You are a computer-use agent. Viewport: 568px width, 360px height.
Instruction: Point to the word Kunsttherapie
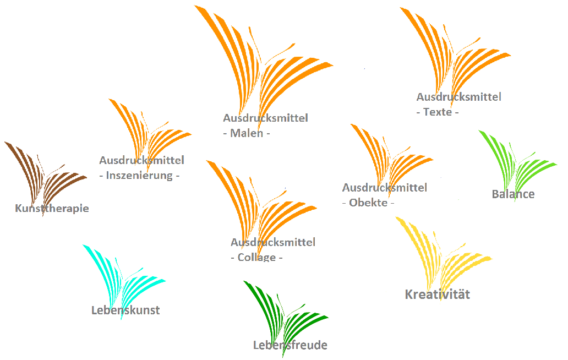(52, 208)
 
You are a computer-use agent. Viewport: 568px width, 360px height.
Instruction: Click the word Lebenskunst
(125, 310)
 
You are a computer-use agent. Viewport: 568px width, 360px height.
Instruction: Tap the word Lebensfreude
(290, 345)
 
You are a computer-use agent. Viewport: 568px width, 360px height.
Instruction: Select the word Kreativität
(438, 294)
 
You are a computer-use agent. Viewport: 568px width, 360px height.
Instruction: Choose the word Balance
(513, 194)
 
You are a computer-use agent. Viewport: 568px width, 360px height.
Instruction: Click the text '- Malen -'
(247, 133)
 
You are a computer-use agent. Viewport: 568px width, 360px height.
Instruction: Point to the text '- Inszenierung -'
(140, 176)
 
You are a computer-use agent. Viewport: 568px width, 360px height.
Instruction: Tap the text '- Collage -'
(256, 257)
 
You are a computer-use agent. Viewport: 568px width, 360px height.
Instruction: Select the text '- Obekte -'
(368, 203)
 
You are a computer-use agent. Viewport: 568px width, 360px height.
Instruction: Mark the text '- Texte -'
(438, 112)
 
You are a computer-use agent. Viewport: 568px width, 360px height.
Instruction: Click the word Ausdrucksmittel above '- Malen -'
(265, 118)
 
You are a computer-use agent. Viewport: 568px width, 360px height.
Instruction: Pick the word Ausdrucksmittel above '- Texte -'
(458, 97)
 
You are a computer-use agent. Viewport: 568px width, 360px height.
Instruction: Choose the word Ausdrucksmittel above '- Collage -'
(273, 242)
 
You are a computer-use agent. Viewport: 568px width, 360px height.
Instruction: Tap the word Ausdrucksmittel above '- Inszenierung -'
(141, 160)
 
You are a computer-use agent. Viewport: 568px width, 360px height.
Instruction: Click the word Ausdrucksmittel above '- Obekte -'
(384, 188)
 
